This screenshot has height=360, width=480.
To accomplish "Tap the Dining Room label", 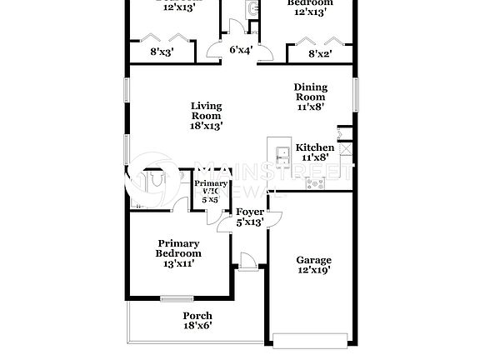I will coord(310,92).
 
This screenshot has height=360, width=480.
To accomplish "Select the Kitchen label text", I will coord(317,147).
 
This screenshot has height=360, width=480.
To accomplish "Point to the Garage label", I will coord(313,260).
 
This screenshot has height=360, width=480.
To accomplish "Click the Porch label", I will coord(197,316).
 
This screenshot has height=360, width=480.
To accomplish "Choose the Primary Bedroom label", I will coord(179,248).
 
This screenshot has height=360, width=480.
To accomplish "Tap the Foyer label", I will coord(249,212).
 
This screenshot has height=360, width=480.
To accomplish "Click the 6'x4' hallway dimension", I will coord(241,50).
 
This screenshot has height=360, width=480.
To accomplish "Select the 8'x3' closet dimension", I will coord(162,52).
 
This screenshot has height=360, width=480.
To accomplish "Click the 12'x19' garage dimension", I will coord(313,270).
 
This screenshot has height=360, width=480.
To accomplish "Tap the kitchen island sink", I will coord(282,152).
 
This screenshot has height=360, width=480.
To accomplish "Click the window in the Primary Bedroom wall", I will coord(177,298).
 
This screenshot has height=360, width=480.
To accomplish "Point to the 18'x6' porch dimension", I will coord(197,326).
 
